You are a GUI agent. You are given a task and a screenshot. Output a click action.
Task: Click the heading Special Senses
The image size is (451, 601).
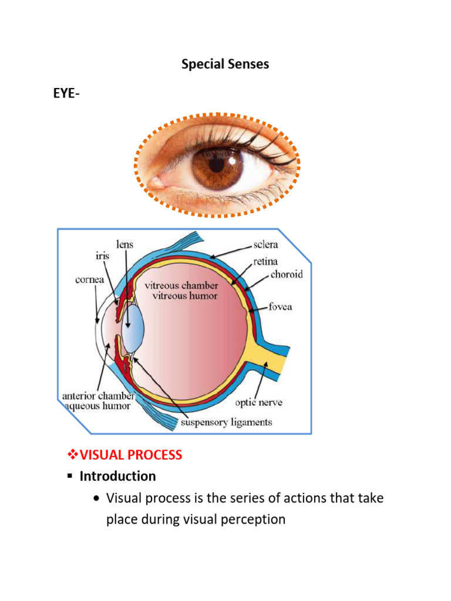225,65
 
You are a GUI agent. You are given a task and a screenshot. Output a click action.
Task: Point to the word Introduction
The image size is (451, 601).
117,476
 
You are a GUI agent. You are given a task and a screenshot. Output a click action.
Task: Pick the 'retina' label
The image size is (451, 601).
265,261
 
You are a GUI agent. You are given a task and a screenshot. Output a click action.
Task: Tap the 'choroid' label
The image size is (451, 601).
287,275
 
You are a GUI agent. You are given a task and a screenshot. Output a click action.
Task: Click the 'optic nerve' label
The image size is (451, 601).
258,403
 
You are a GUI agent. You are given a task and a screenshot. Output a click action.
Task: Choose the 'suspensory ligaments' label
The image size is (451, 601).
227,422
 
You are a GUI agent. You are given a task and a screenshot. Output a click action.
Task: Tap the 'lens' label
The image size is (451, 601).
124,244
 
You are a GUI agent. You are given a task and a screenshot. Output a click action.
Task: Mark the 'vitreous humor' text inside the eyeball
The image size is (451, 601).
185,296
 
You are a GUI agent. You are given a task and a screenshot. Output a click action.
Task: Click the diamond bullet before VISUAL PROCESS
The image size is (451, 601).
73,455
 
